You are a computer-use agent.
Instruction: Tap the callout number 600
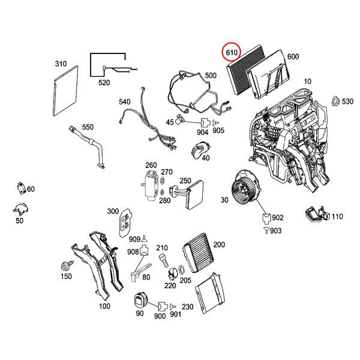point(293,56)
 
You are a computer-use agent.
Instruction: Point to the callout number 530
point(347,103)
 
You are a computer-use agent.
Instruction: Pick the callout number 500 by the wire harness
point(211,76)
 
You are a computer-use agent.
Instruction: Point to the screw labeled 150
point(64,266)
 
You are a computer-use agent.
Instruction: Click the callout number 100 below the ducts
point(104,307)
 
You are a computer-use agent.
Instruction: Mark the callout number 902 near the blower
point(278,218)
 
